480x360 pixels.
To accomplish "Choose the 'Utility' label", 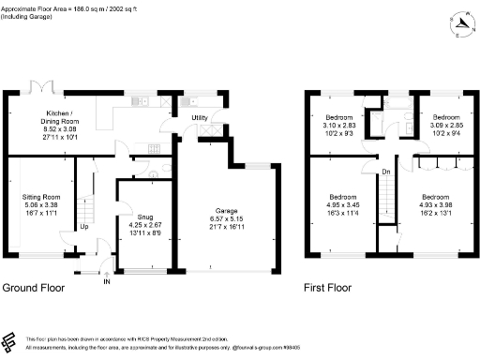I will [x=200, y=117].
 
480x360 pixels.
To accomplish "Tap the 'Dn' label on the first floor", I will [x=386, y=172].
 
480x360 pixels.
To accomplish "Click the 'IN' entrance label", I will [x=106, y=281].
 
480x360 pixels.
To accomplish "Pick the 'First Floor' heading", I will [x=328, y=288].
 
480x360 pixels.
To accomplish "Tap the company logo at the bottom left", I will [x=10, y=340].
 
